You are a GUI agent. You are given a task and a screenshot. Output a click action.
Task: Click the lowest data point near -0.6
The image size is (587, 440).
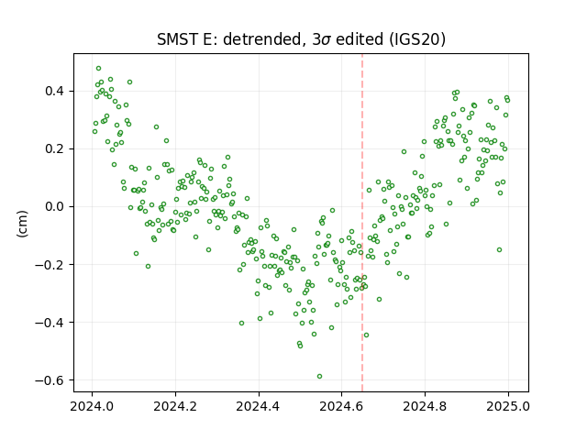(x=319, y=377)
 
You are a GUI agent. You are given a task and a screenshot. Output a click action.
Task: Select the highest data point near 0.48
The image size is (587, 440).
(x=98, y=69)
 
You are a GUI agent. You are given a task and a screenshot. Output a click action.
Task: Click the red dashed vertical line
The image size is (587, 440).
(x=362, y=223)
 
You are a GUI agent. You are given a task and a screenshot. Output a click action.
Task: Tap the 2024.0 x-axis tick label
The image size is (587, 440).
(x=92, y=406)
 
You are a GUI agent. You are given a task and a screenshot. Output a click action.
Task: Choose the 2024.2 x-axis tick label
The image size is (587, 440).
(x=175, y=406)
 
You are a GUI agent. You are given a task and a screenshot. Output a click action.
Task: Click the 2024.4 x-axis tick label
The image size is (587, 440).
(x=259, y=406)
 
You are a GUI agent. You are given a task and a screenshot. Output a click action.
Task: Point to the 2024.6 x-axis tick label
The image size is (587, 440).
(x=341, y=406)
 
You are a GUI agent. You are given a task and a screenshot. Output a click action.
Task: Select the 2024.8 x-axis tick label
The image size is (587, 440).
(x=425, y=406)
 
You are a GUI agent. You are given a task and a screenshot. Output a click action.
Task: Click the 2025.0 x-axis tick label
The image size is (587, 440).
(x=508, y=406)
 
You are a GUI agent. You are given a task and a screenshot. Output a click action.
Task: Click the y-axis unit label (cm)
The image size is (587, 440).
(x=22, y=224)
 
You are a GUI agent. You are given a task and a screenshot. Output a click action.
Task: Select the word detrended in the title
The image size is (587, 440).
(x=262, y=39)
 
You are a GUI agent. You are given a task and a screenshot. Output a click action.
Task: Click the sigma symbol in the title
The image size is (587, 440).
(x=326, y=40)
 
